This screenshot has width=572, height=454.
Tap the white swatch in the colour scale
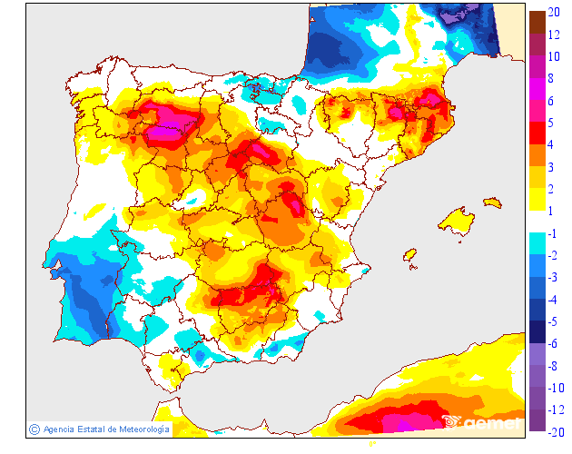537,221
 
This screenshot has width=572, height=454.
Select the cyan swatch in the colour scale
537,242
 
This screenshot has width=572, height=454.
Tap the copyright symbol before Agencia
34,429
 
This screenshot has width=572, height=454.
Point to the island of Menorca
490,202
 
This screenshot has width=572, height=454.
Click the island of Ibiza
409,255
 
